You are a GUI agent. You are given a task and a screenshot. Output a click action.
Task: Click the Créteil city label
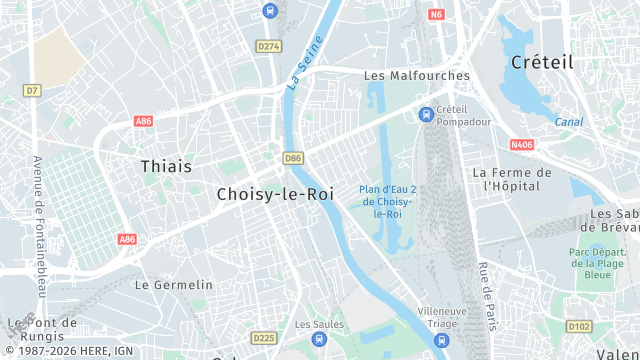(542, 62)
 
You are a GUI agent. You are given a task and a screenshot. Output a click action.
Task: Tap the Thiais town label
(166, 166)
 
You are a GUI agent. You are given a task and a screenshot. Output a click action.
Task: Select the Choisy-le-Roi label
(275, 195)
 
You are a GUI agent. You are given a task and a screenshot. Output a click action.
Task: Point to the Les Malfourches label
(416, 75)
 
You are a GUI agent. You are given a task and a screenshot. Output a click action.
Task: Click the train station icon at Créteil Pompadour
(427, 114)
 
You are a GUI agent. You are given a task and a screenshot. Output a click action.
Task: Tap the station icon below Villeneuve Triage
(442, 341)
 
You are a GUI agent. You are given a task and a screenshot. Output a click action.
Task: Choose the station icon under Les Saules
(319, 341)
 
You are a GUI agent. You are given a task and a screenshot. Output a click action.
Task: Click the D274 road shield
(268, 46)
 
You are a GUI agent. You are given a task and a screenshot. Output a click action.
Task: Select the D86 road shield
(293, 158)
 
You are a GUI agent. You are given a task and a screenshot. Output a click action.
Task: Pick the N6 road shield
(436, 15)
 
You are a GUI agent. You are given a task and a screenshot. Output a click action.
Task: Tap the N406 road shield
(522, 145)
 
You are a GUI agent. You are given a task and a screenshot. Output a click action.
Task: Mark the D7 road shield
(33, 90)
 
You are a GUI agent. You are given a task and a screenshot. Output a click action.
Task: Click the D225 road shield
(264, 338)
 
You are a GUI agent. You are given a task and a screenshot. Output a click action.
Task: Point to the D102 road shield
(579, 326)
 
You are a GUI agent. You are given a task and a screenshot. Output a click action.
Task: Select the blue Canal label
(570, 122)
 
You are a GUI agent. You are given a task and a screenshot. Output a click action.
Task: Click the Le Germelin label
(173, 285)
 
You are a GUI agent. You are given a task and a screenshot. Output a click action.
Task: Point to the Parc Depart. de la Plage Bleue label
(597, 263)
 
